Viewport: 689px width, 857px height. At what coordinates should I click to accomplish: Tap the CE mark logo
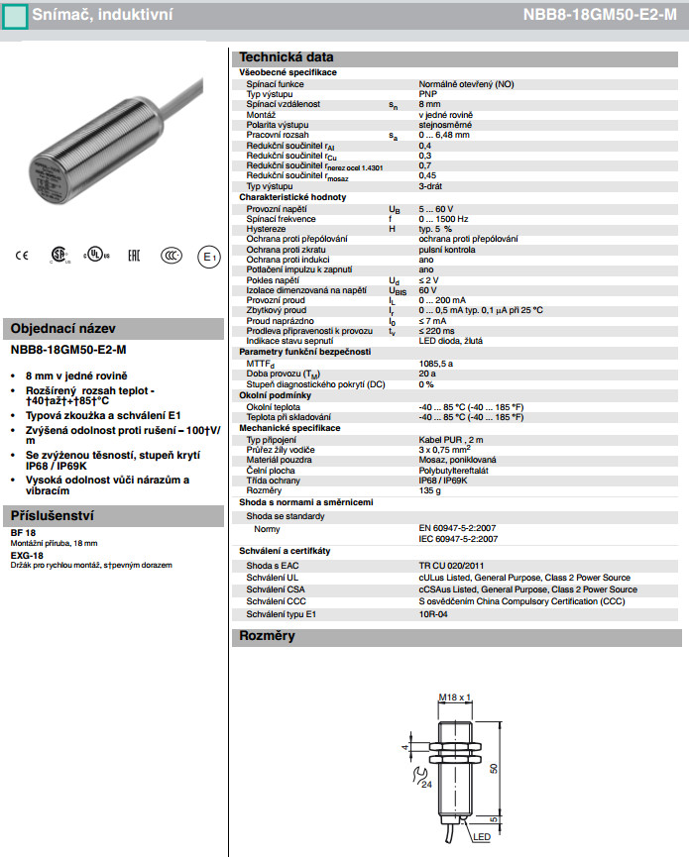click(21, 256)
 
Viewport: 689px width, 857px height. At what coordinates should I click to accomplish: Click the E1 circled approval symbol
click(208, 257)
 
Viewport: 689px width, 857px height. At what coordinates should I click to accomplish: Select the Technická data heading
click(287, 57)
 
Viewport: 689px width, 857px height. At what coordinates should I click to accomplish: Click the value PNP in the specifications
click(427, 94)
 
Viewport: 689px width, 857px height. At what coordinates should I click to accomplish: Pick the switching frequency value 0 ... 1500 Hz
click(444, 218)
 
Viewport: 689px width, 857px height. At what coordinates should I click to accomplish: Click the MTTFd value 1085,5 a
click(436, 364)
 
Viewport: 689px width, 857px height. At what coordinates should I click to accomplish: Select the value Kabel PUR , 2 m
click(451, 439)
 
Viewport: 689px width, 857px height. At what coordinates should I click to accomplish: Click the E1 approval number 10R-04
click(433, 613)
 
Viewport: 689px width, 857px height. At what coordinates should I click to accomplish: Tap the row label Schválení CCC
click(276, 601)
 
